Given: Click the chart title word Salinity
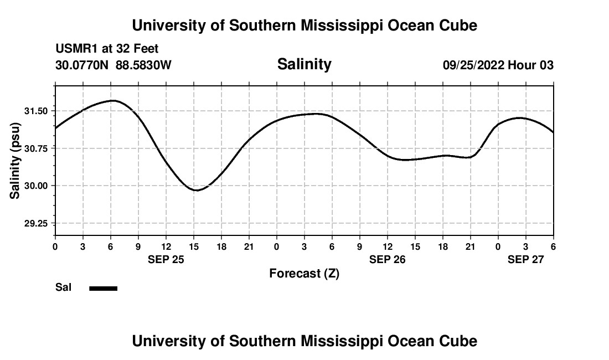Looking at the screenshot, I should (304, 64).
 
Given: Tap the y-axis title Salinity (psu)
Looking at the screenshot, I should (16, 162).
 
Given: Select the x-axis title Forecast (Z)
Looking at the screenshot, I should (304, 273).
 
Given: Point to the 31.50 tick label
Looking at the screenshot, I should (36, 111).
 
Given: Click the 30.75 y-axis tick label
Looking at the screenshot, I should (36, 148).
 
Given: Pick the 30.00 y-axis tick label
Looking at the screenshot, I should (36, 186).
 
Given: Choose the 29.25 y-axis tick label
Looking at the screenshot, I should (36, 223).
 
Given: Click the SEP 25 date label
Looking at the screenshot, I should (166, 259).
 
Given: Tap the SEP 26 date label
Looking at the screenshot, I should (387, 259).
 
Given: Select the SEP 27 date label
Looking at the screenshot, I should (525, 259).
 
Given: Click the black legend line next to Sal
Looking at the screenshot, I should (104, 288).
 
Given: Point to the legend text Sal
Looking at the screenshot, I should (63, 288).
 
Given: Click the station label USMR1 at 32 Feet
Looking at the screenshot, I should (107, 49).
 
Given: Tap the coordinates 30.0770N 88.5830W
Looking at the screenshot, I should (113, 65).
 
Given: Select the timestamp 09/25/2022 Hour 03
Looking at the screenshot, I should (498, 65).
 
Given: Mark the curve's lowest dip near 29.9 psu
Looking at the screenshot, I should (197, 190).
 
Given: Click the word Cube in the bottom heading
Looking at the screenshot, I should (458, 341).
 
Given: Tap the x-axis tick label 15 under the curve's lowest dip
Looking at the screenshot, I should (193, 246).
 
